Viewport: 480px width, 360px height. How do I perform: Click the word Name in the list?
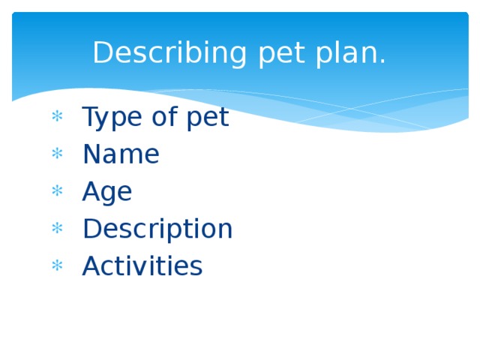point(121,154)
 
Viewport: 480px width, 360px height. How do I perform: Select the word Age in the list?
point(107,193)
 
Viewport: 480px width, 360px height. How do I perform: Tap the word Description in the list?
point(157,229)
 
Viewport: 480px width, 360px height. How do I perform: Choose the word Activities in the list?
point(142,266)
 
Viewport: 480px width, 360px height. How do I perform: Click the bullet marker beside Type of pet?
point(55,117)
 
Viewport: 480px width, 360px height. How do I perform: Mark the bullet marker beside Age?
point(55,191)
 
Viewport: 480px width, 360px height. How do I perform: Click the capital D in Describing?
point(102,54)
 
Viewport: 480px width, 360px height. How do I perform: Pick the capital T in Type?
point(90,117)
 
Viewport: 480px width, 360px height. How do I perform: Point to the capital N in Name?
point(91,154)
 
